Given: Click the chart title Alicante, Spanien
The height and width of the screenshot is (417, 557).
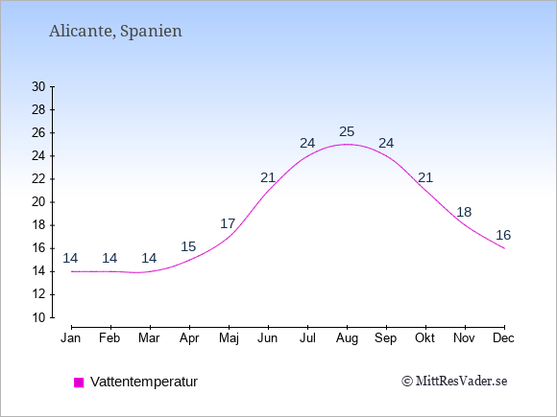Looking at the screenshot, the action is pos(115,31).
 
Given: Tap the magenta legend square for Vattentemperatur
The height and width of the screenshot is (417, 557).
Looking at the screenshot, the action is pos(79,382).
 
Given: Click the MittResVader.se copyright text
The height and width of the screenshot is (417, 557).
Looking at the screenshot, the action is pos(454,382).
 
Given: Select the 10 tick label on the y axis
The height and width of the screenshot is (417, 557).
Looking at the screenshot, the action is pos(38,317).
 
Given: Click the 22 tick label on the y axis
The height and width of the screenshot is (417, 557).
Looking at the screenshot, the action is pos(38,179).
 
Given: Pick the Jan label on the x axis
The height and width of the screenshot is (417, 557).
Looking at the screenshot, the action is pos(71,338).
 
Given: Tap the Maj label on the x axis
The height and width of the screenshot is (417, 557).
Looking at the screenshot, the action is pos(229,338).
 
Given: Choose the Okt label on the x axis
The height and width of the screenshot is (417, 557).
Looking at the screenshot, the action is pos(424,338).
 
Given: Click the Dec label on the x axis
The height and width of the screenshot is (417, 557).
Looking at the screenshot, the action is pos(503,338).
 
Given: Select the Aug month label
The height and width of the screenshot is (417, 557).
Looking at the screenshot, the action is pos(347,338).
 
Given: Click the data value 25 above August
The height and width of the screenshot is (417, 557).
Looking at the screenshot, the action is pos(347,131).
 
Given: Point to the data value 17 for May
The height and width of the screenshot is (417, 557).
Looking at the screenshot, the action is pos(228,223).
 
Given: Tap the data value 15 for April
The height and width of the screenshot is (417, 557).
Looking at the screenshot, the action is pos(188,246).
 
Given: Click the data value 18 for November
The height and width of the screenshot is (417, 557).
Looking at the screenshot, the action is pos(464,212).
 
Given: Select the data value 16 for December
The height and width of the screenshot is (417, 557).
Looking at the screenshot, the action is pos(503,235).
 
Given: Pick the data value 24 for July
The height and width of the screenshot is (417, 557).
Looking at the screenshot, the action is pos(307,143).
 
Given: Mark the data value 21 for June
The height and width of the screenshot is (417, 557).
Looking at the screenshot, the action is pos(268,177).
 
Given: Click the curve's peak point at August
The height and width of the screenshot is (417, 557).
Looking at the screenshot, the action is pos(347,145).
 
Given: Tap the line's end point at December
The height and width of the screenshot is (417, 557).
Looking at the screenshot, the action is pos(504,248).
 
